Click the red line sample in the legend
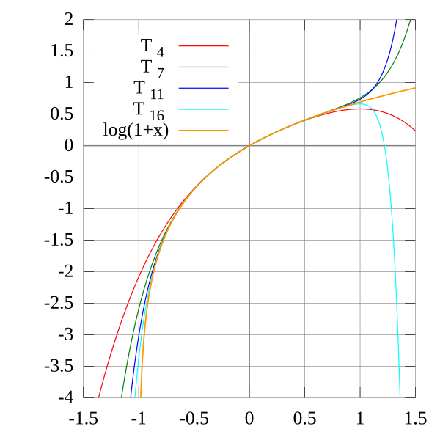pyautogui.click(x=203, y=46)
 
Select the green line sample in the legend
pyautogui.click(x=203, y=67)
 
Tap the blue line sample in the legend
pyautogui.click(x=203, y=88)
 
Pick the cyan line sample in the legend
pyautogui.click(x=203, y=109)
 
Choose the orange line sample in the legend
pyautogui.click(x=203, y=130)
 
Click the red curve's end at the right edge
pyautogui.click(x=415, y=131)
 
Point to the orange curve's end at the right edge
pyautogui.click(x=415, y=88)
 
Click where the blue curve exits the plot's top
pyautogui.click(x=397, y=21)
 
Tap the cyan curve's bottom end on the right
pyautogui.click(x=400, y=397)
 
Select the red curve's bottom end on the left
pyautogui.click(x=98, y=397)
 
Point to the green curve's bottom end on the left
pyautogui.click(x=122, y=397)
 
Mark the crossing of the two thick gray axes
pyautogui.click(x=249, y=145)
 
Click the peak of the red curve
pyautogui.click(x=359, y=109)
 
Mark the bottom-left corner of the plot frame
pyautogui.click(x=83, y=398)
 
